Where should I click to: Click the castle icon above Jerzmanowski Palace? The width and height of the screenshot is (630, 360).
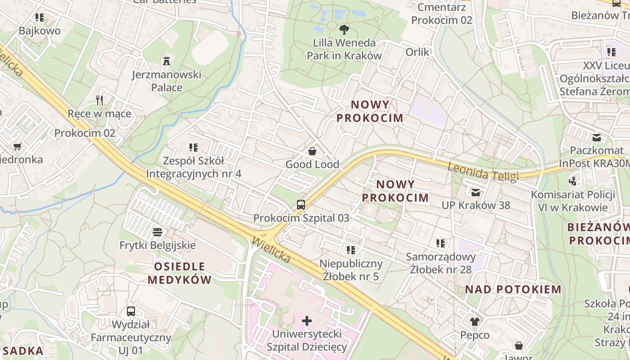[x=166, y=60]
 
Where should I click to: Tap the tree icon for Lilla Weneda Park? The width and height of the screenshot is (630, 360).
[x=344, y=30]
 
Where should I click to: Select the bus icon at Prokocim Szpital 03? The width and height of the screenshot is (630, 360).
[x=301, y=204]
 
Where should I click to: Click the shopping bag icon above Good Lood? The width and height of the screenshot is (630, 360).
[x=312, y=151]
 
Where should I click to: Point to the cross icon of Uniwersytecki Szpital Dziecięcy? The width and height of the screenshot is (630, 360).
[x=307, y=321]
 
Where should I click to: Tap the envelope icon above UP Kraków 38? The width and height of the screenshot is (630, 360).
[x=476, y=193]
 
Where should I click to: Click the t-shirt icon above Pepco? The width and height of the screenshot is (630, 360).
[x=475, y=321]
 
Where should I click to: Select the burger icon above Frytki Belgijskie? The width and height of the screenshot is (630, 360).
[x=157, y=232]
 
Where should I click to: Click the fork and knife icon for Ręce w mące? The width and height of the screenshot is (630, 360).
[x=100, y=100]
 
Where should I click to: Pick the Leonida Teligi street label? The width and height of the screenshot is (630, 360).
[x=483, y=171]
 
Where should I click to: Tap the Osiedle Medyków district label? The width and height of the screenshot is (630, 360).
[x=180, y=273]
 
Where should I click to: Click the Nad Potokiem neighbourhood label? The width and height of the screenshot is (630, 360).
[x=513, y=289]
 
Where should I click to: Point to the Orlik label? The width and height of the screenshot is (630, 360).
[x=418, y=52]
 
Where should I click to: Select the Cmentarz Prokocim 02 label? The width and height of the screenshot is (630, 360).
[x=441, y=14]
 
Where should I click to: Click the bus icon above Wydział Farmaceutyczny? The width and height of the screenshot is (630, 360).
[x=131, y=311]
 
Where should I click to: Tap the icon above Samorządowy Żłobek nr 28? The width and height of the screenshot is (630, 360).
[x=441, y=243]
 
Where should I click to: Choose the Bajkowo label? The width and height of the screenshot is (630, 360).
[x=40, y=31]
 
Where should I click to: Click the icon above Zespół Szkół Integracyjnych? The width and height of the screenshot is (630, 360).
[x=193, y=147]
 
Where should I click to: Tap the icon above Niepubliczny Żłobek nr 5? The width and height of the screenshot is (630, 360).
[x=351, y=250]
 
